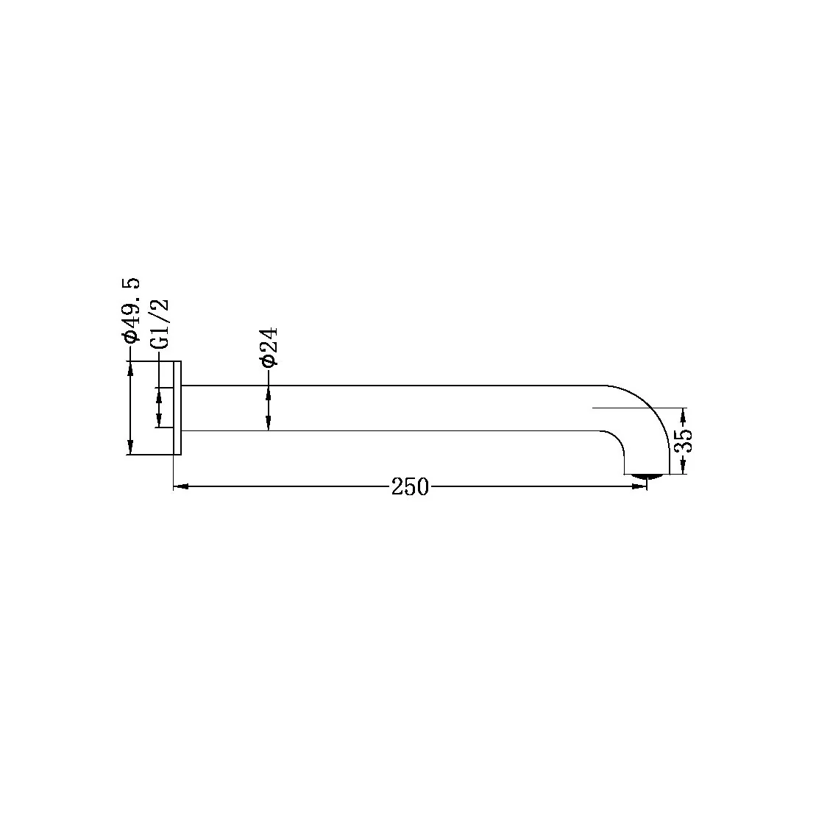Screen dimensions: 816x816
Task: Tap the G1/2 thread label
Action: pyautogui.click(x=159, y=324)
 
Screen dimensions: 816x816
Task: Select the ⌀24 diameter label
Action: pyautogui.click(x=268, y=347)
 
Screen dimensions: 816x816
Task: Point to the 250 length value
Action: pyautogui.click(x=410, y=486)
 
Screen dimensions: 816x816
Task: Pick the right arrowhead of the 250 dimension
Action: pyautogui.click(x=639, y=486)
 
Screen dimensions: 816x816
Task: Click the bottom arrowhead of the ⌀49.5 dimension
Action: pyautogui.click(x=131, y=447)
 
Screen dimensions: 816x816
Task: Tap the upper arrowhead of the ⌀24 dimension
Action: pyautogui.click(x=268, y=391)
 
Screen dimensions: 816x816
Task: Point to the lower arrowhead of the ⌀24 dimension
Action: pyautogui.click(x=268, y=423)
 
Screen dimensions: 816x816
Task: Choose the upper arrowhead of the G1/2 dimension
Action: pyautogui.click(x=158, y=395)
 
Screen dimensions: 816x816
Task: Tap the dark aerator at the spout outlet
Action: pyautogui.click(x=647, y=477)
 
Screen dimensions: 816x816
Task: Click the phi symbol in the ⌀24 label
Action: pyautogui.click(x=268, y=360)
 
